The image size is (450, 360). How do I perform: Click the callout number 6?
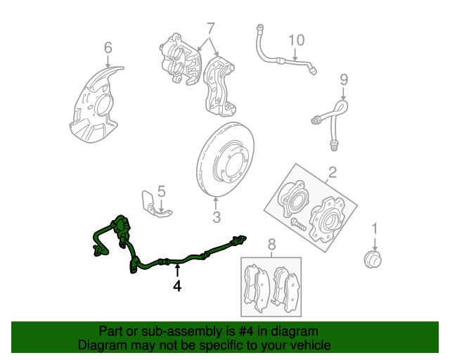108,48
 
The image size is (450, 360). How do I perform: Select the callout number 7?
210,29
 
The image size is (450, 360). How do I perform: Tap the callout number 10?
296,41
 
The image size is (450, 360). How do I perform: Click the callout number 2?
332,172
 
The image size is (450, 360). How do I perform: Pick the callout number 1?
375,228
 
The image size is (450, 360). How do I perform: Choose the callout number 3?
217,217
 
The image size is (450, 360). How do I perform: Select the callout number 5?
161,191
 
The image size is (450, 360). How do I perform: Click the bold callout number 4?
177,285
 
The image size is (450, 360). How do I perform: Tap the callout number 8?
272,244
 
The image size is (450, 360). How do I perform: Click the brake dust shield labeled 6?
95,105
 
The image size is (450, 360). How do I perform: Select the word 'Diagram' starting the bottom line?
100,346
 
